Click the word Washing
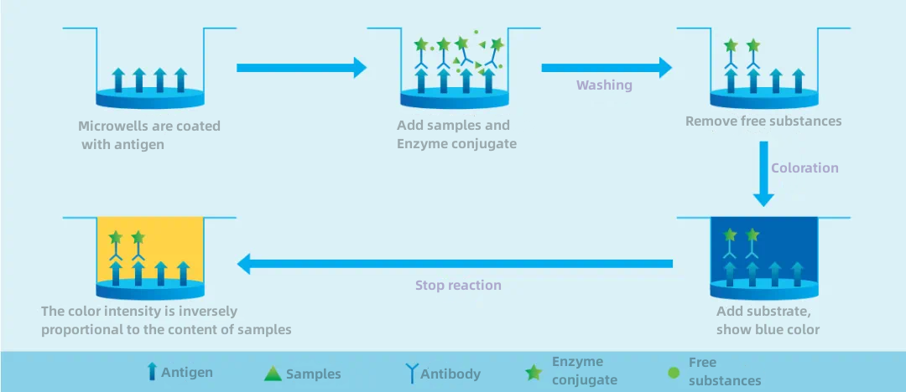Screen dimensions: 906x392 (604, 85)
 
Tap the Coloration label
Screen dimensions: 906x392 (804, 168)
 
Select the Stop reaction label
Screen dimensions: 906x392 (458, 285)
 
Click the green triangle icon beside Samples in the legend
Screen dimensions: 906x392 (273, 374)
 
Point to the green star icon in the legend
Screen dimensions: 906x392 (534, 373)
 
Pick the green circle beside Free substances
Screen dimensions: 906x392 (673, 373)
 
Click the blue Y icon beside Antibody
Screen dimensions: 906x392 (412, 374)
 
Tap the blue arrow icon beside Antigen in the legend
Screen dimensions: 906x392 (153, 371)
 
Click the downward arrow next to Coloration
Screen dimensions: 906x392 (764, 173)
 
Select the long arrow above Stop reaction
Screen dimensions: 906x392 (456, 264)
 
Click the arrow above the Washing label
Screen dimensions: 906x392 (607, 68)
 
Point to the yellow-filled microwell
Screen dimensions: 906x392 (150, 251)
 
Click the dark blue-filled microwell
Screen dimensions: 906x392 (764, 251)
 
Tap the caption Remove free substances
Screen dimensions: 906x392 (763, 121)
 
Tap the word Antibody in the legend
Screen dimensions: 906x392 (450, 374)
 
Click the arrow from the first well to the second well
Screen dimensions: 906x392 (302, 68)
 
